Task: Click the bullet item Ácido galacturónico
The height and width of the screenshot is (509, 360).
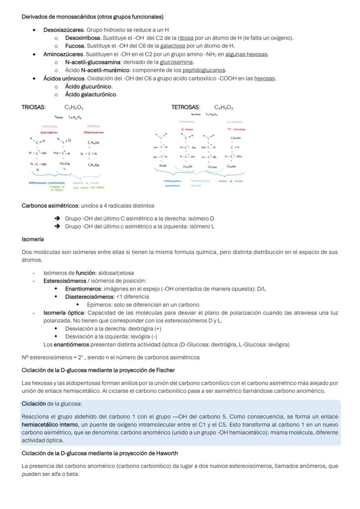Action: (91, 94)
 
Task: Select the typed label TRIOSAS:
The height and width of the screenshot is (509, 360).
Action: (33, 107)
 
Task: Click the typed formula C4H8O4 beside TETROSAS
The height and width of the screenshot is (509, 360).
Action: (223, 107)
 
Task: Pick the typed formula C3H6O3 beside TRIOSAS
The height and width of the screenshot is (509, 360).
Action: (74, 107)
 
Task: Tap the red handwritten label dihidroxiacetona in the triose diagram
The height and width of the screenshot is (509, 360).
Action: (94, 132)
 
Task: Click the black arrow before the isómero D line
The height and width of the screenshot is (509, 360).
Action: (57, 219)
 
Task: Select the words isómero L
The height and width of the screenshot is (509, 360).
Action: (204, 226)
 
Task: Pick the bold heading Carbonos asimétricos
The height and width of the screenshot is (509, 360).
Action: (50, 206)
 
